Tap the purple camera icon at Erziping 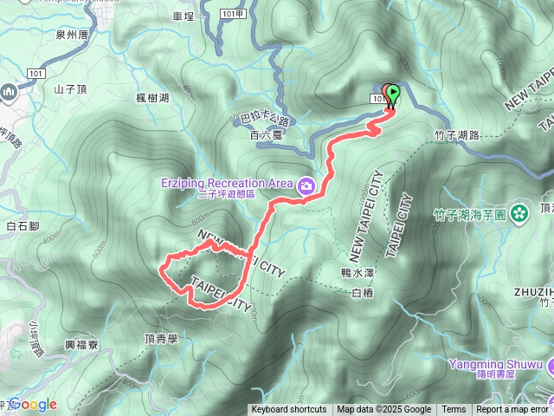tap(306, 185)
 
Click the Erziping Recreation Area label tap(227, 183)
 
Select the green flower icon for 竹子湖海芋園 tap(519, 211)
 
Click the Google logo tap(32, 404)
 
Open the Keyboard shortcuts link tap(289, 410)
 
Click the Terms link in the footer tap(454, 410)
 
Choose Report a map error tap(512, 410)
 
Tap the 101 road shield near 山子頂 tap(35, 74)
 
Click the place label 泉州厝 tap(72, 35)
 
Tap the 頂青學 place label tap(161, 339)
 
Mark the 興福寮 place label tap(81, 344)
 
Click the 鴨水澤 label tap(355, 271)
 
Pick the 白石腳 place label tap(23, 227)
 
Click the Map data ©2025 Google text tap(384, 410)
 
